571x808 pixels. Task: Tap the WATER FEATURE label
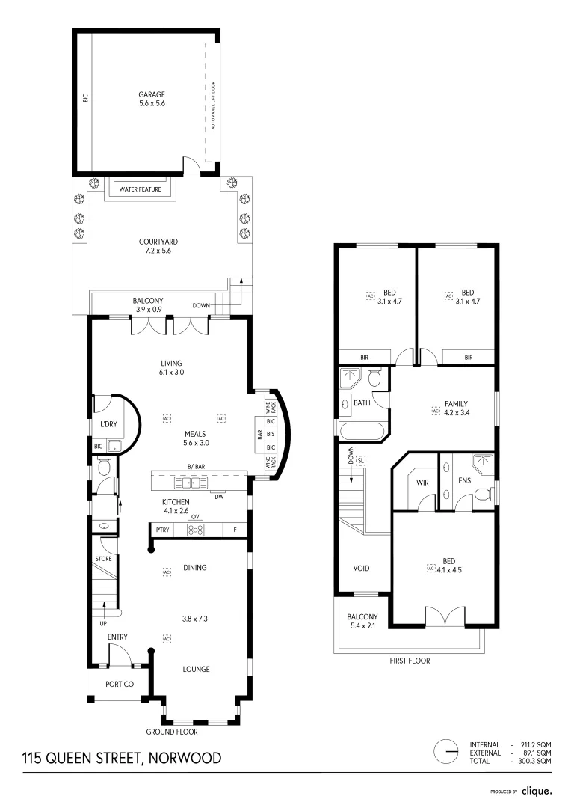pos(140,189)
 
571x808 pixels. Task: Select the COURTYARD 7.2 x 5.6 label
pos(158,246)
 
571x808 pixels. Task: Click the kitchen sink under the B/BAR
pos(191,483)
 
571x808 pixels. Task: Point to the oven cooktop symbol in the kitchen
pos(195,530)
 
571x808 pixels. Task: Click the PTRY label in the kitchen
pos(162,530)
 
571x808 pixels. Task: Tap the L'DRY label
pos(108,424)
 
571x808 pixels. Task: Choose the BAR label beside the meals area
pos(260,435)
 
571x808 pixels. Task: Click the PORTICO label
pos(120,684)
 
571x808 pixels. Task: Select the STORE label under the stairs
pos(103,559)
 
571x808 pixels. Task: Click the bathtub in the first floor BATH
pos(361,432)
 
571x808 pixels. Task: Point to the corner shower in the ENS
pos(483,464)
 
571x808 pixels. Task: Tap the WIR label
pos(422,483)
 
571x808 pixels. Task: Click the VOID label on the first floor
pos(361,568)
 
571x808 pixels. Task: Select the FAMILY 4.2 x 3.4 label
pos(457,408)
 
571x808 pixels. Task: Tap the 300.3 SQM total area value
pos(534,761)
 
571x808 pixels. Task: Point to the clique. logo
pos(537,791)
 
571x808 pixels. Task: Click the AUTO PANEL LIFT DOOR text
pos(214,105)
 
